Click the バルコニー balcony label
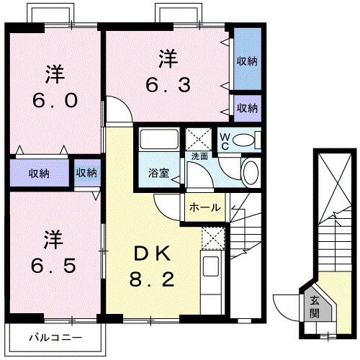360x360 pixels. (x=55, y=336)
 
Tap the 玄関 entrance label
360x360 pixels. (x=316, y=307)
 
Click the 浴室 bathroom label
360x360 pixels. (x=159, y=174)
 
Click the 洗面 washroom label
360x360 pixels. (x=199, y=156)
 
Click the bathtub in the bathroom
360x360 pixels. (x=159, y=138)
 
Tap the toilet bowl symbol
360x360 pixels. (x=246, y=139)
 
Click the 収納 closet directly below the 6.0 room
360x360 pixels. (x=39, y=173)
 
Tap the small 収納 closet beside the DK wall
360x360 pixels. (x=87, y=173)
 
